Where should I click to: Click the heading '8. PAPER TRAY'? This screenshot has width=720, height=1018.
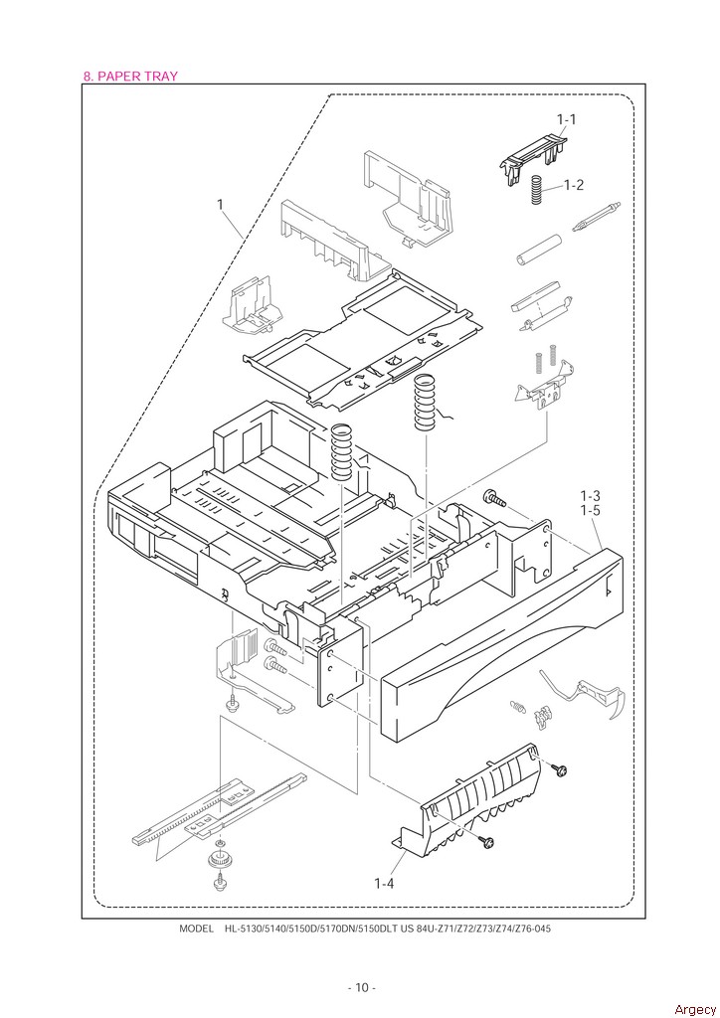click(x=130, y=76)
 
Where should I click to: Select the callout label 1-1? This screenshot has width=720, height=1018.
click(x=566, y=119)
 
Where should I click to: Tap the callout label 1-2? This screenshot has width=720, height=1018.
click(x=573, y=185)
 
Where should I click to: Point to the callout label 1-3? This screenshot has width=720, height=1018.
click(x=591, y=495)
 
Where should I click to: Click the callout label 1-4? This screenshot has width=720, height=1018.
click(x=386, y=883)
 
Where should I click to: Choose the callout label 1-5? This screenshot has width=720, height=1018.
click(x=591, y=511)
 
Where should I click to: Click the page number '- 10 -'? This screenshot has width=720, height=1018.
click(x=361, y=987)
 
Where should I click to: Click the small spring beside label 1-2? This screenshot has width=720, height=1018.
click(x=536, y=190)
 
